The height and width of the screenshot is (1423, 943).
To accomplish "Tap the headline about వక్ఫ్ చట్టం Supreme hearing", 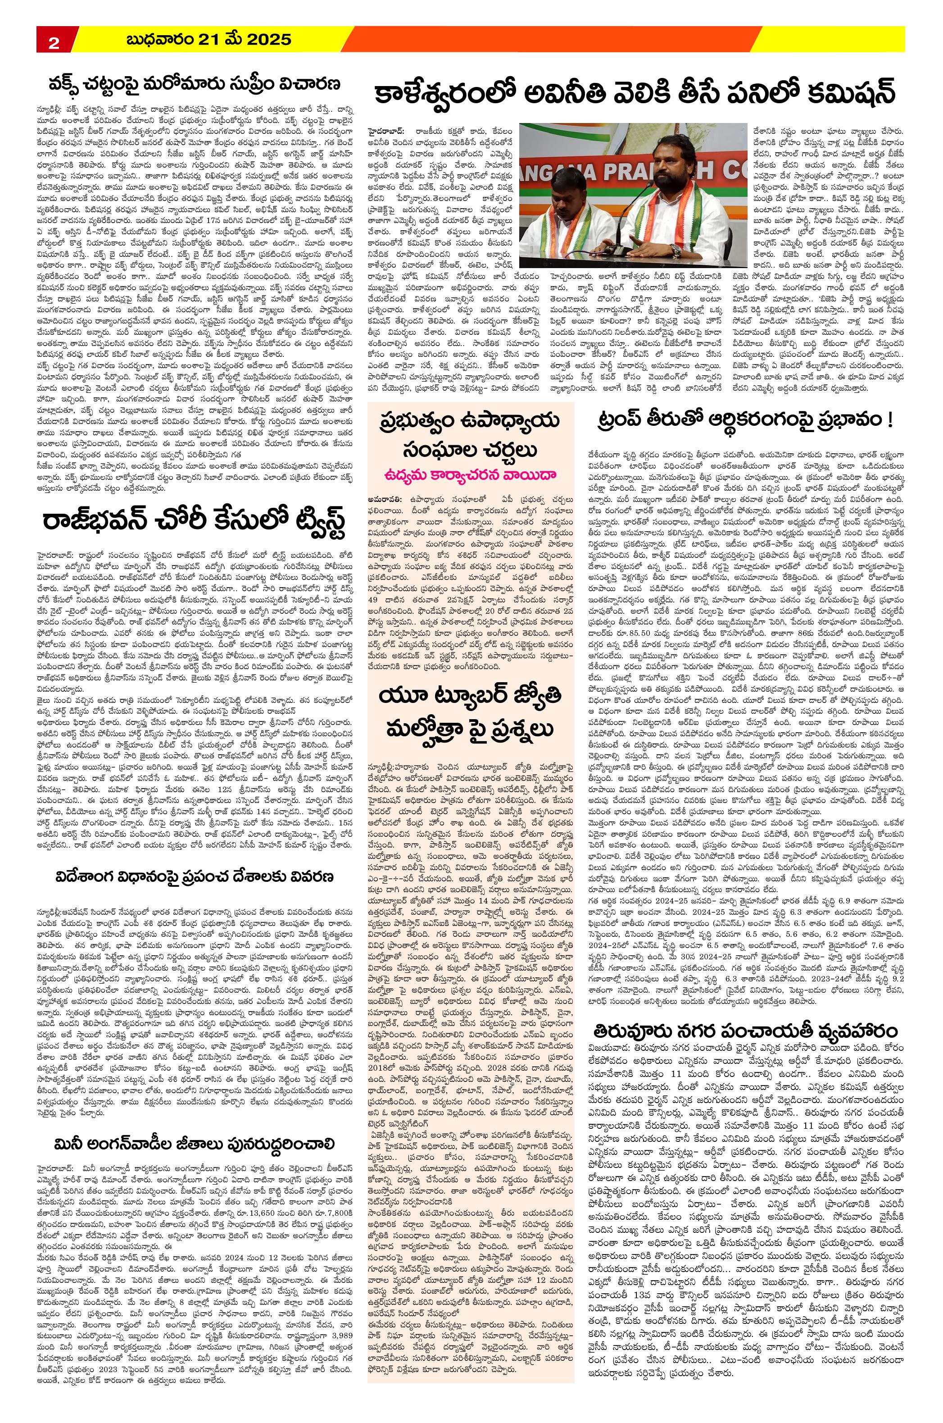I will (195, 83).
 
